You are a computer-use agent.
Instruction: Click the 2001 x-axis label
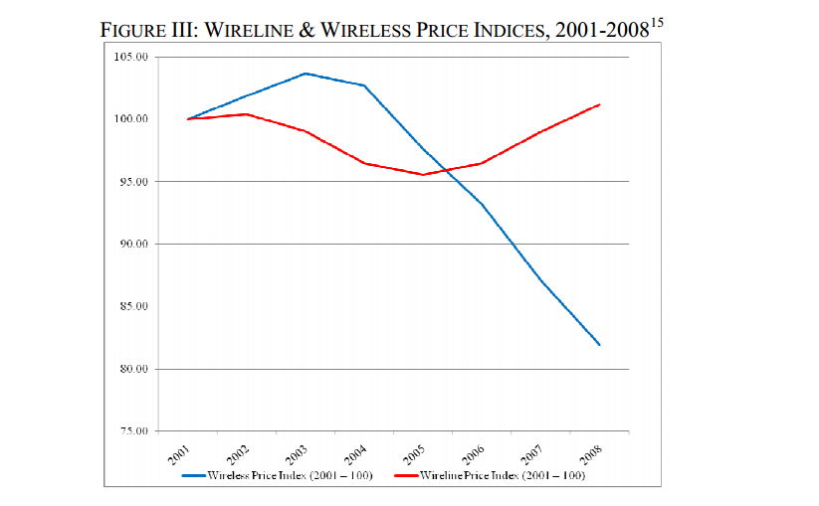pos(179,455)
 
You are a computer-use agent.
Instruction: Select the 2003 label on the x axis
pos(297,455)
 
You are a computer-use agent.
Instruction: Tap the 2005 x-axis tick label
pos(414,455)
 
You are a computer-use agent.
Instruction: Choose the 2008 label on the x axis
pos(590,455)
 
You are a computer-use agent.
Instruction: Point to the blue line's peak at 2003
pos(306,73)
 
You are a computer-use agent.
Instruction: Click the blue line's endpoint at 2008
pos(600,345)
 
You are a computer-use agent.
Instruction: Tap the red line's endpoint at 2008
pos(600,104)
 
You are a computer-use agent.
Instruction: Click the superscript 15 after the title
pos(655,21)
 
